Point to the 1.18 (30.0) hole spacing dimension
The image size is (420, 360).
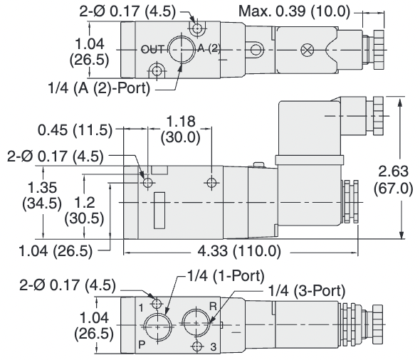[180, 127]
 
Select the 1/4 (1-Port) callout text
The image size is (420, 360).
[226, 275]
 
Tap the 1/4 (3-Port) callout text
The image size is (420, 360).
[307, 290]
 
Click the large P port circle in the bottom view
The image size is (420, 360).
[157, 325]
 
